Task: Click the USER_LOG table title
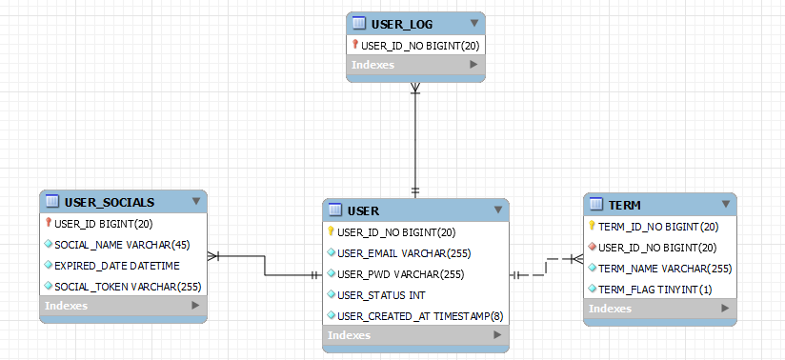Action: [401, 24]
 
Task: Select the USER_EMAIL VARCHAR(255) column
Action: [404, 253]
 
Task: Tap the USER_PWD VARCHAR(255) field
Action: [400, 274]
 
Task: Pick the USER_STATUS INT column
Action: [381, 295]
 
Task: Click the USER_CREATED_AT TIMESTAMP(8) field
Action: [420, 316]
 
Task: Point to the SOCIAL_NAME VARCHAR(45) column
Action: [122, 245]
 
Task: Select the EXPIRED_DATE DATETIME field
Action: [116, 266]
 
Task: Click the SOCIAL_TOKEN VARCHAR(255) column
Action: [128, 287]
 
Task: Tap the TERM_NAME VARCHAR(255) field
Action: [665, 269]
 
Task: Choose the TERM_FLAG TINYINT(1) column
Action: [654, 290]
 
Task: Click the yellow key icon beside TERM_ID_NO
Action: [592, 226]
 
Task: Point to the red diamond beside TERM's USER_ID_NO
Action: [592, 247]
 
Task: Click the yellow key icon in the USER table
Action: [331, 231]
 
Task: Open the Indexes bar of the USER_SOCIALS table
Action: [123, 306]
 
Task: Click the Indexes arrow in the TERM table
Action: [725, 309]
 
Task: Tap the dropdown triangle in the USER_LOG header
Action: [474, 23]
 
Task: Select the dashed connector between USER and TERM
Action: [546, 267]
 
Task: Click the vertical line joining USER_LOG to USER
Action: [415, 140]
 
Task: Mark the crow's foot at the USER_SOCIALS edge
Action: [212, 256]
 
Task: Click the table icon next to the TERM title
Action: [595, 204]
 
